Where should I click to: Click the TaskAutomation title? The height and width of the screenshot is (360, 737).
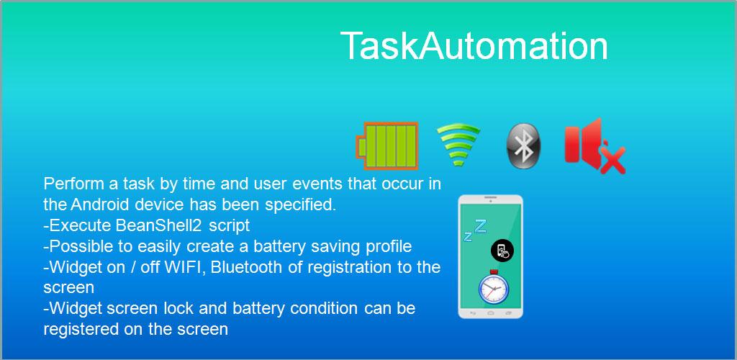474,45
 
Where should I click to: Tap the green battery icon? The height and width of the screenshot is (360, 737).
386,145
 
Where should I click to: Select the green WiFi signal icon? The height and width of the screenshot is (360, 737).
458,144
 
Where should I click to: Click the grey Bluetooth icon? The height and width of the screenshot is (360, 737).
523,145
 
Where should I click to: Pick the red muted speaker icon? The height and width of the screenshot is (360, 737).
594,146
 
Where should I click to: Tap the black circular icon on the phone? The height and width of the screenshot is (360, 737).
502,251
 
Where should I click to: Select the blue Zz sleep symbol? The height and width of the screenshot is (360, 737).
474,230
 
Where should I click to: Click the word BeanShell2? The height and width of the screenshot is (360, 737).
159,225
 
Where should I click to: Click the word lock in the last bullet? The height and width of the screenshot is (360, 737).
178,308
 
